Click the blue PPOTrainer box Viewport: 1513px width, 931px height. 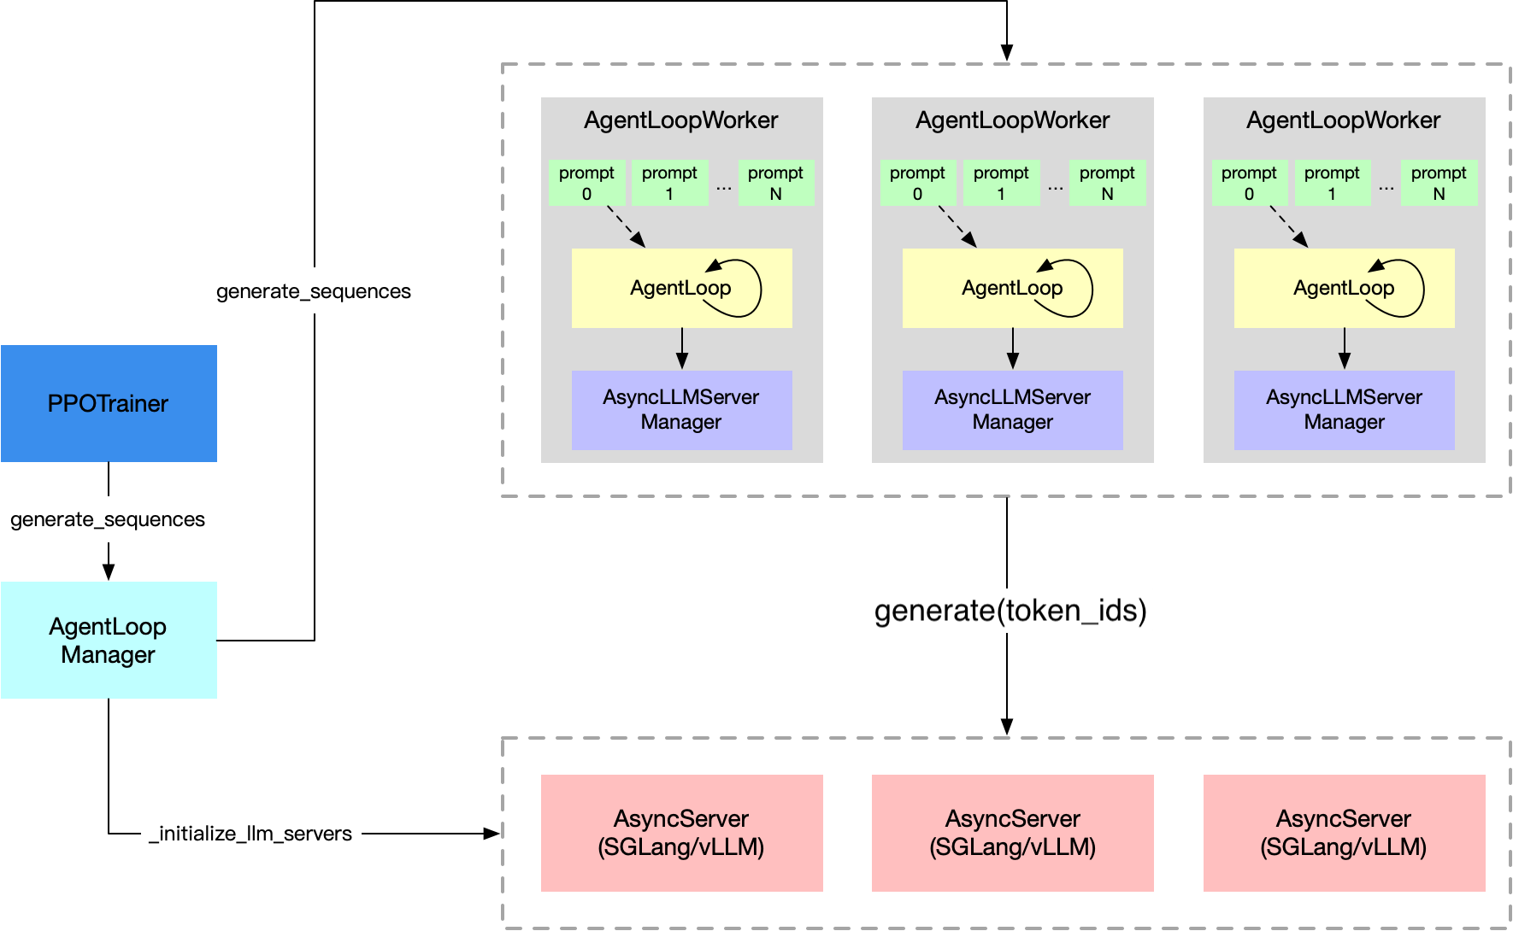click(109, 403)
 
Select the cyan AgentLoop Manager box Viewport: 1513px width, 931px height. click(109, 640)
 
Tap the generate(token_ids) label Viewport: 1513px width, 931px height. click(1006, 610)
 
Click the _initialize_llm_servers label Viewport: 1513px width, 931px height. click(250, 833)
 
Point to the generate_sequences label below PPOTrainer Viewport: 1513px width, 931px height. click(108, 518)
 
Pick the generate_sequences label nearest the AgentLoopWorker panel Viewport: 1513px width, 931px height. click(314, 290)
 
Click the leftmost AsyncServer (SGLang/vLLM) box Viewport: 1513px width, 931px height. click(681, 832)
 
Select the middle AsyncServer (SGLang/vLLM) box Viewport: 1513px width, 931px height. click(1012, 832)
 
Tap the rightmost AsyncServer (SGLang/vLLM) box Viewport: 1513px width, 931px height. click(1344, 832)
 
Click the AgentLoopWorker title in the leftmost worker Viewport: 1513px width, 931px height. click(680, 120)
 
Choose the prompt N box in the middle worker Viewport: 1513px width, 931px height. click(1107, 183)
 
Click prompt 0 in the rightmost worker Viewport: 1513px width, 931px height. click(1249, 183)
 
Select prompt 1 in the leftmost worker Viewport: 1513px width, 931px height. click(669, 183)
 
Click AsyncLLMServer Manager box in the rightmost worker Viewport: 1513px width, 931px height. click(1344, 409)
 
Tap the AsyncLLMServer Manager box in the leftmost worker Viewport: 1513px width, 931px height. click(681, 409)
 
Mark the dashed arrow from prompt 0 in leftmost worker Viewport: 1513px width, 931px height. click(626, 226)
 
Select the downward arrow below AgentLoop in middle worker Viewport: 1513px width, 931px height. click(1013, 348)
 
